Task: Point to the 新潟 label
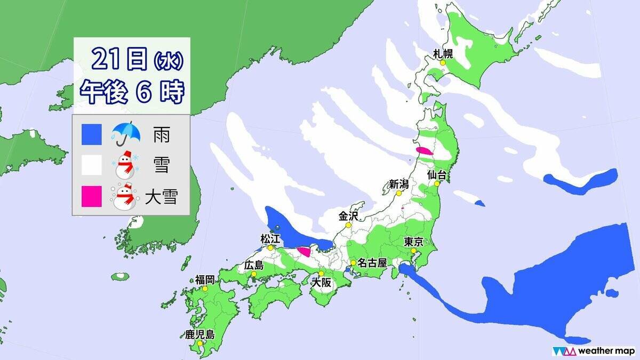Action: coord(398,185)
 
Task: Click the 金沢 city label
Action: coord(349,216)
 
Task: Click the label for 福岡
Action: coord(205,279)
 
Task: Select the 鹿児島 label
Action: coord(199,335)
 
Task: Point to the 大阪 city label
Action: coord(321,283)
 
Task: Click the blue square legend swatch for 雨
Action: coord(92,134)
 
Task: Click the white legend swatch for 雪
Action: coord(92,165)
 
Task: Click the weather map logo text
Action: coord(607,351)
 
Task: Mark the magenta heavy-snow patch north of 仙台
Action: coord(425,151)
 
